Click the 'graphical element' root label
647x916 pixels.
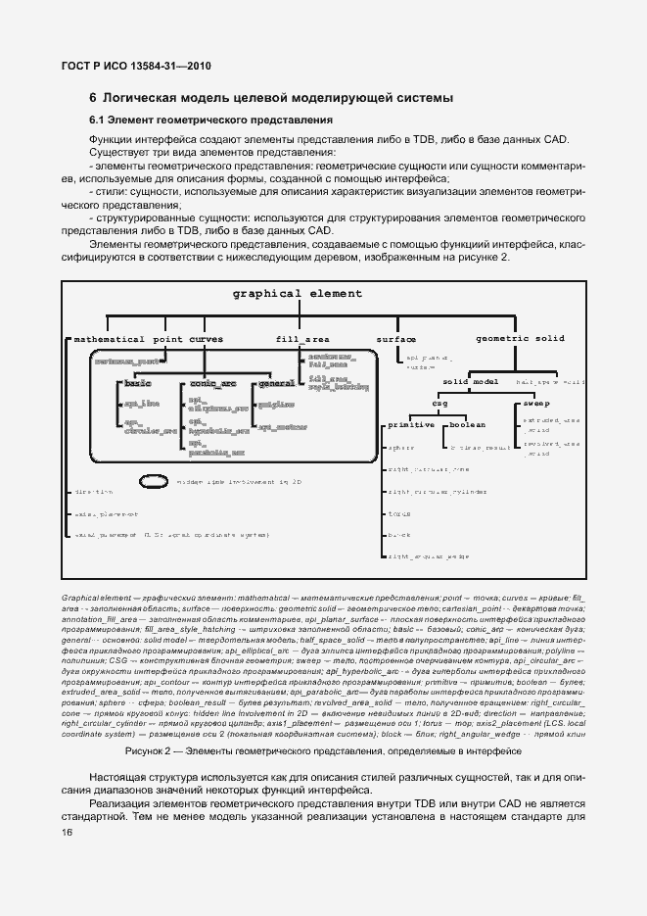click(x=297, y=294)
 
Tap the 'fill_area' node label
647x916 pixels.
click(x=302, y=339)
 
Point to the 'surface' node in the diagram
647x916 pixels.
click(x=396, y=339)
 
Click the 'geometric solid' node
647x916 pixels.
click(x=520, y=339)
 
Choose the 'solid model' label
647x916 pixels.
click(x=471, y=381)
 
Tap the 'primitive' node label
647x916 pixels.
click(x=411, y=426)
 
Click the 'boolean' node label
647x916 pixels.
click(x=467, y=426)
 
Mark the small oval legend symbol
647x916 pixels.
click(x=154, y=481)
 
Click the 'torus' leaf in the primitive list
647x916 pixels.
click(x=398, y=513)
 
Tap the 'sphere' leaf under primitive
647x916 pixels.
click(x=401, y=448)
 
